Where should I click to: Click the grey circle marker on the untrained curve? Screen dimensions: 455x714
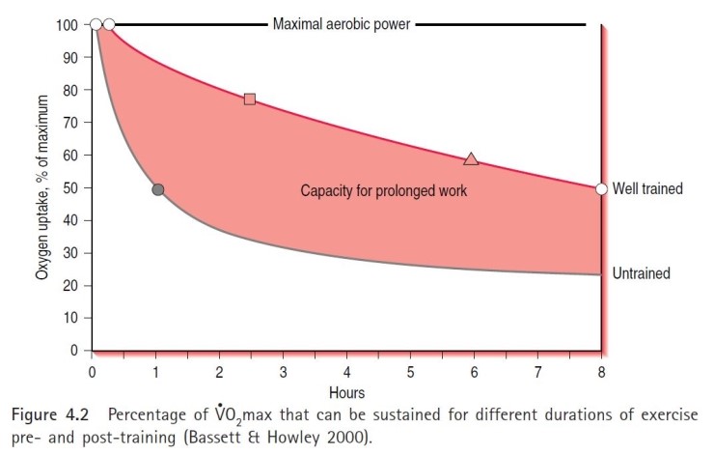pyautogui.click(x=158, y=189)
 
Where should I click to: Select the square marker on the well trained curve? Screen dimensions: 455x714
pyautogui.click(x=250, y=100)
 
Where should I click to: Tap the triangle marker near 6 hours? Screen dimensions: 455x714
pyautogui.click(x=471, y=158)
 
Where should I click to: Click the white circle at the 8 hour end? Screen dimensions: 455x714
pyautogui.click(x=601, y=189)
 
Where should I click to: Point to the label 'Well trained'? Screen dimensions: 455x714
pyautogui.click(x=647, y=189)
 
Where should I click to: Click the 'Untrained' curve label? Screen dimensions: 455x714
pyautogui.click(x=641, y=274)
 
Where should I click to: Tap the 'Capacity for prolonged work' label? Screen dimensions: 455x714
pyautogui.click(x=384, y=191)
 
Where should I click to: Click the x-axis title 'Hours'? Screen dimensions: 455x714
pyautogui.click(x=346, y=394)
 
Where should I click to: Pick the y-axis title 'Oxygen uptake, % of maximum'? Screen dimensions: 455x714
pyautogui.click(x=41, y=186)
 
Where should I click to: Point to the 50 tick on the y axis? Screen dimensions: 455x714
pyautogui.click(x=72, y=188)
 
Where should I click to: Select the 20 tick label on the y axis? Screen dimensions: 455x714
pyautogui.click(x=72, y=286)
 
